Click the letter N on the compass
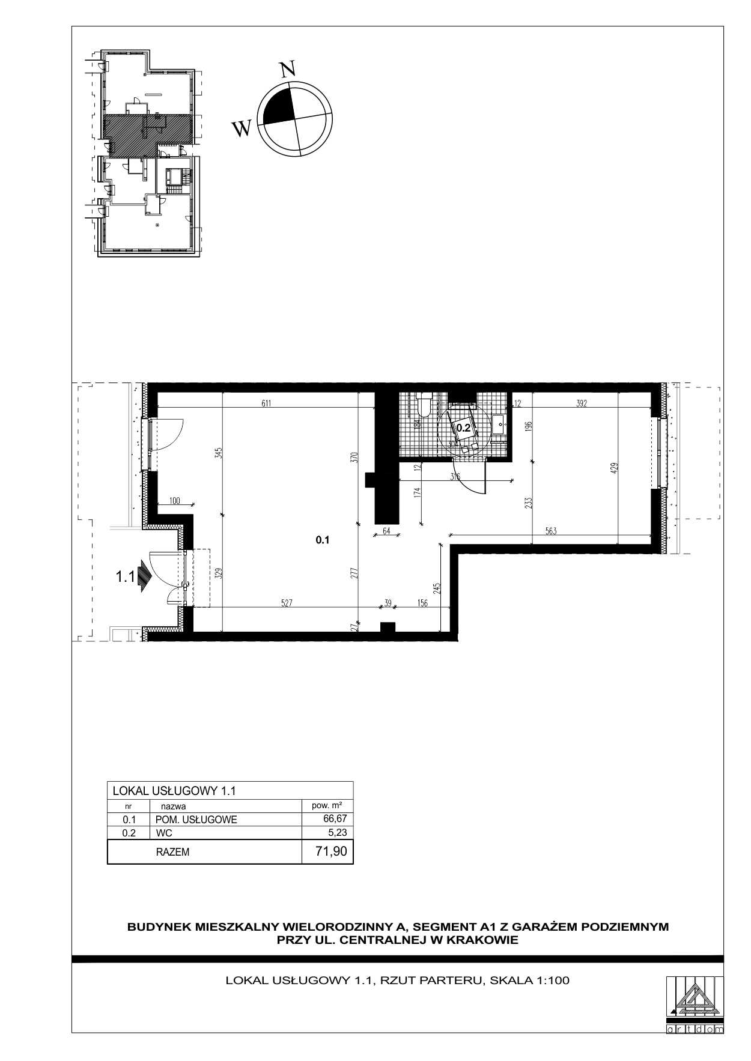click(x=289, y=69)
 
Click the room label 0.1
click(x=323, y=540)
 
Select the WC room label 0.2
click(x=464, y=428)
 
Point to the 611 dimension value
click(x=266, y=404)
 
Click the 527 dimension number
click(x=286, y=603)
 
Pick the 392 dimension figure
click(x=581, y=404)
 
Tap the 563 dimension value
click(x=552, y=530)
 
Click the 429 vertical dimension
click(x=614, y=468)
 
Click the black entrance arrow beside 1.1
click(x=144, y=576)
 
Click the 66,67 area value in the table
click(x=335, y=818)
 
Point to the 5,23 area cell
click(x=338, y=832)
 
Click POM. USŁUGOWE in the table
click(x=196, y=820)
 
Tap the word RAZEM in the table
click(x=172, y=851)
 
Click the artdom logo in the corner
click(x=695, y=1003)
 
